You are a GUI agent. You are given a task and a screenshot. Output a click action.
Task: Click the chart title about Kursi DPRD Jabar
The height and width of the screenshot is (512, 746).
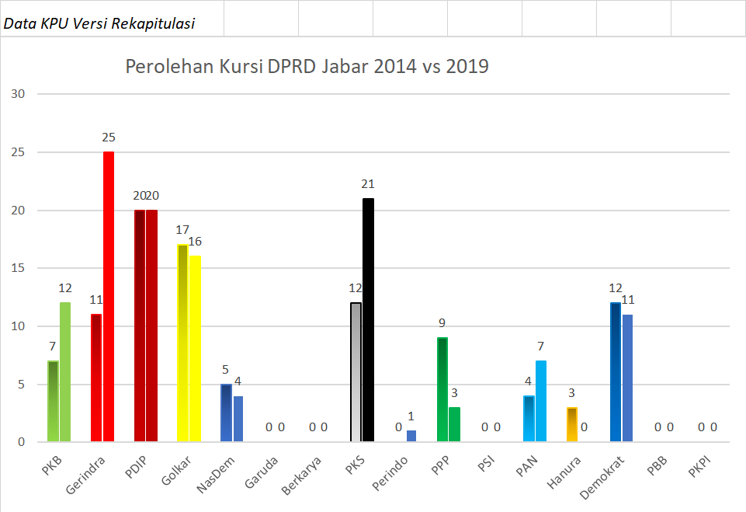pos(307,67)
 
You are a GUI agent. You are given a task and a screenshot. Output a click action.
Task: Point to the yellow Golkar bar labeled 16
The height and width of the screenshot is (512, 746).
pos(196,349)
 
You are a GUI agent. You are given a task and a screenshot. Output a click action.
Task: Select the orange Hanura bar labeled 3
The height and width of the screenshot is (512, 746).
pos(572,424)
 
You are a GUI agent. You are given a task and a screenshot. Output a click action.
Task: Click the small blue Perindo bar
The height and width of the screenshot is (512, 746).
pos(411,436)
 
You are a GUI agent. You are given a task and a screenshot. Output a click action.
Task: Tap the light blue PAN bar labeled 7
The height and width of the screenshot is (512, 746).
pos(541,402)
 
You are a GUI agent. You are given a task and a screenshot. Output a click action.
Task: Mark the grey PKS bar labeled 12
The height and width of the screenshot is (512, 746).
pos(356,372)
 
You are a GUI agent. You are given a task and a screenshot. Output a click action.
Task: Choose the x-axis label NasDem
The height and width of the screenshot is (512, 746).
pos(211,472)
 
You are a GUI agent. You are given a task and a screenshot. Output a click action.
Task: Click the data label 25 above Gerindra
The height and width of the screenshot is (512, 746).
pos(109,138)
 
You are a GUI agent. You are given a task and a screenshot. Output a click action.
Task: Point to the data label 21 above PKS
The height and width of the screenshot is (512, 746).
pos(368,184)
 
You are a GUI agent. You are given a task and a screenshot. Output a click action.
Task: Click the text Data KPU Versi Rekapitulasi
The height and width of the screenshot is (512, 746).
pos(99,23)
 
